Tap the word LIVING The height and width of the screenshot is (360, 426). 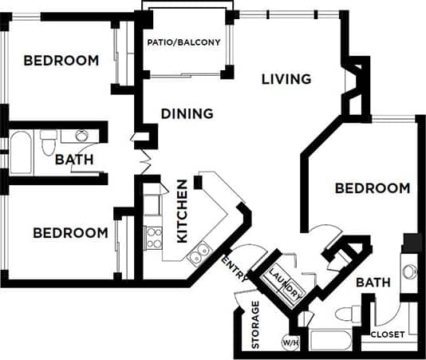click(x=286, y=79)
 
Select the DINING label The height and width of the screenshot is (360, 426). click(x=187, y=113)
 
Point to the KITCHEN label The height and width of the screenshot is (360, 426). click(x=182, y=211)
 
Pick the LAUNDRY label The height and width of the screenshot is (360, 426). click(x=286, y=284)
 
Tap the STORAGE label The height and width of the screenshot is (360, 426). click(x=256, y=325)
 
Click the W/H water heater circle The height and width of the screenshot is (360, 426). click(x=290, y=343)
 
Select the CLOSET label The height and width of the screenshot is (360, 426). click(x=388, y=334)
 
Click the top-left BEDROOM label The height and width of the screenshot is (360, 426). click(x=61, y=61)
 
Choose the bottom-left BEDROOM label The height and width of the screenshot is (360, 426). click(x=70, y=233)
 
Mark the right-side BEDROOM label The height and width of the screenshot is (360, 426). click(x=372, y=188)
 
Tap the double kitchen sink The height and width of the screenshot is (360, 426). click(x=199, y=254)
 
